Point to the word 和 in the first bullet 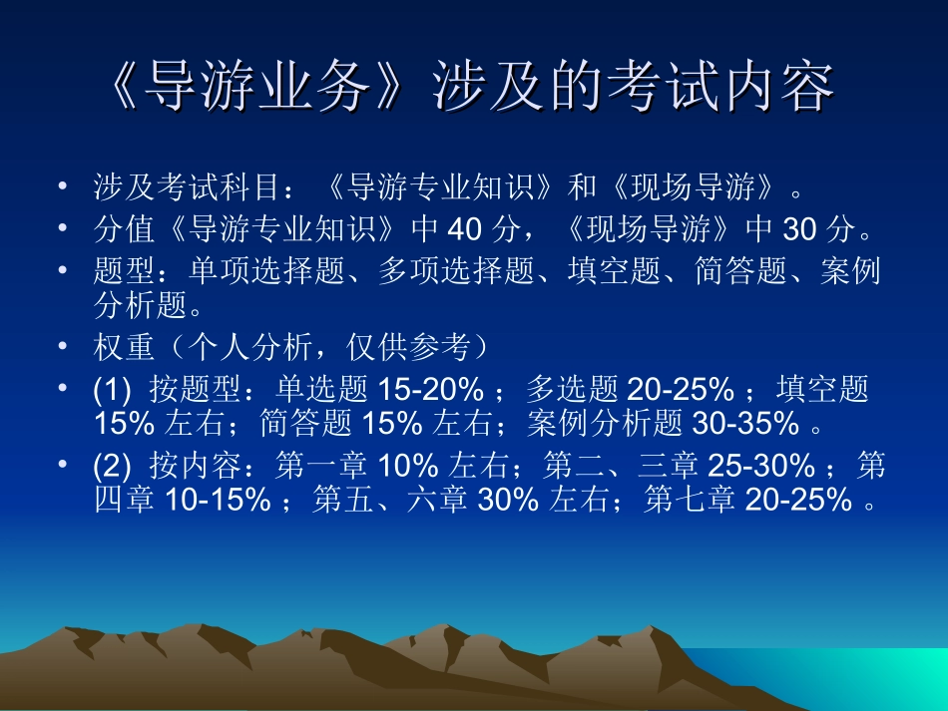582,186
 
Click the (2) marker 110,466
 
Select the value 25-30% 761,466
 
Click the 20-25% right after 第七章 796,499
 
